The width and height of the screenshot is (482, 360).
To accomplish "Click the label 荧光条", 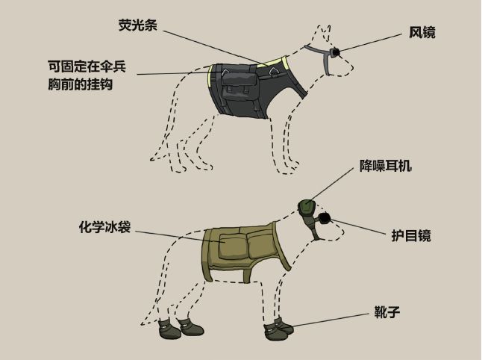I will (x=137, y=25).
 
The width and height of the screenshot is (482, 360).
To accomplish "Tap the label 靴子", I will (x=386, y=310).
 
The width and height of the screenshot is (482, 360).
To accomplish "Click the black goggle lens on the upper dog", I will (x=336, y=52).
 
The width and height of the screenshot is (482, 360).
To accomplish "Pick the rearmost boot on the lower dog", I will (x=166, y=327).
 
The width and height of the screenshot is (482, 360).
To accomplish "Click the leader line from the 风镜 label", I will (x=373, y=43).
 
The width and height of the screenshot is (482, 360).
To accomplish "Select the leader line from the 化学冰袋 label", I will (x=172, y=234).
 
